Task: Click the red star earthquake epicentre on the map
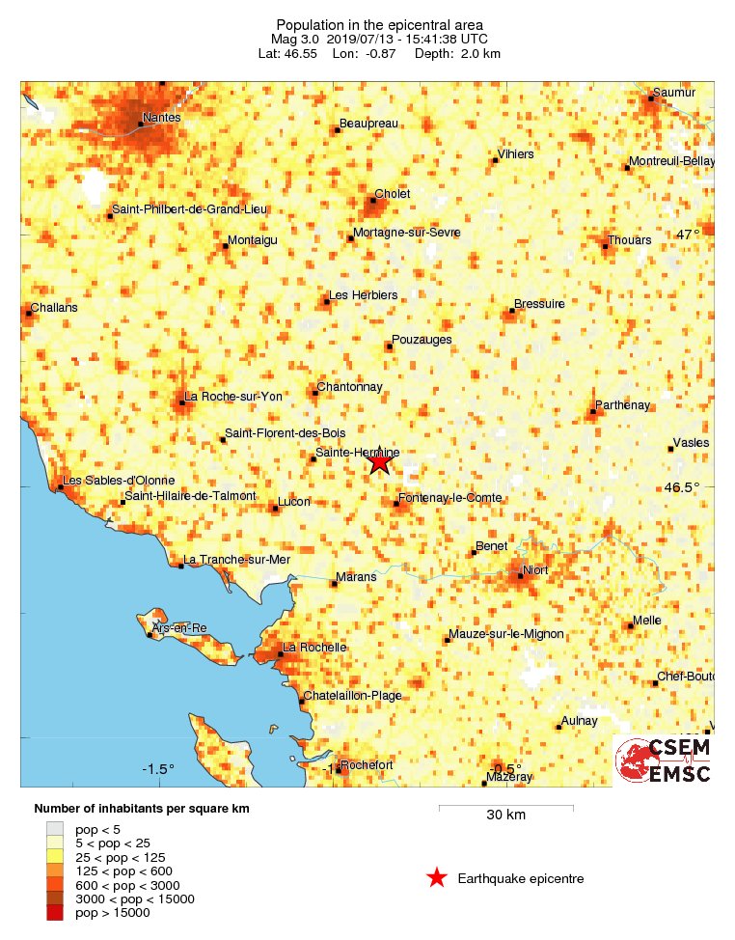click(379, 462)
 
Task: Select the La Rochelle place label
click(314, 648)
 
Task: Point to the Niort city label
click(534, 570)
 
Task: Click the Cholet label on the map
click(393, 194)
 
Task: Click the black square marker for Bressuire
click(510, 311)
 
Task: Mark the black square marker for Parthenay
click(592, 413)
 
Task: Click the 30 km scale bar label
click(505, 816)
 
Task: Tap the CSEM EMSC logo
click(665, 760)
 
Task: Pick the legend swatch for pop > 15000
click(55, 913)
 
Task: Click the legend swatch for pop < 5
click(55, 828)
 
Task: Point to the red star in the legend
click(437, 878)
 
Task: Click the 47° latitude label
click(688, 235)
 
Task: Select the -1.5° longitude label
click(158, 769)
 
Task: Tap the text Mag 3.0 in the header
click(296, 39)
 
